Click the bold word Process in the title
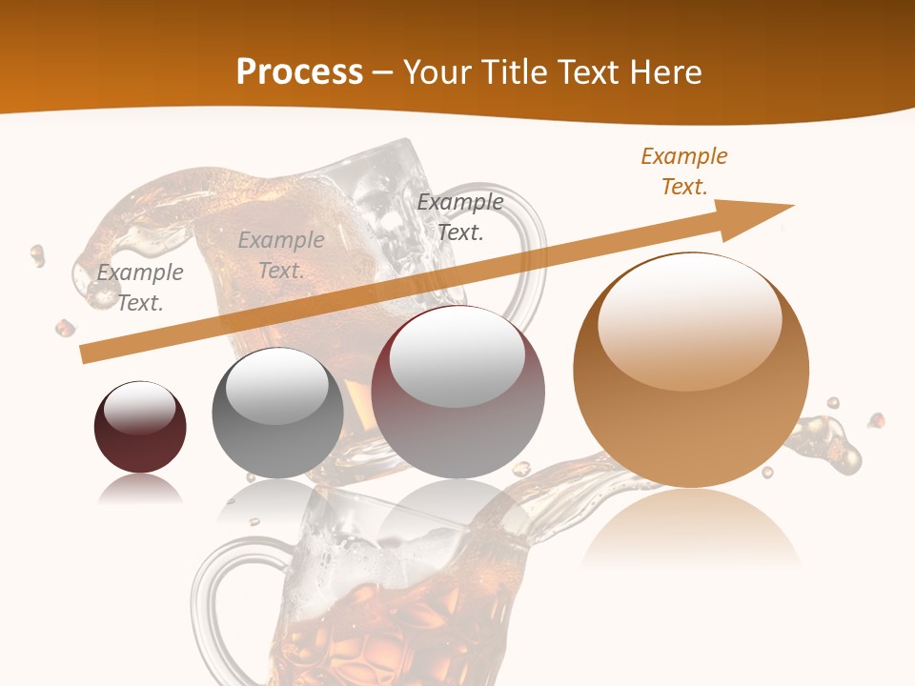click(x=299, y=72)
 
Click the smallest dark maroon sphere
click(x=140, y=427)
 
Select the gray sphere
click(x=277, y=413)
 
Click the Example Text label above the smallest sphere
click(x=140, y=288)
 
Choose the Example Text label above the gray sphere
click(x=281, y=255)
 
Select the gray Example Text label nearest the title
click(x=460, y=216)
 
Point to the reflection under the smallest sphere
click(x=140, y=490)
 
